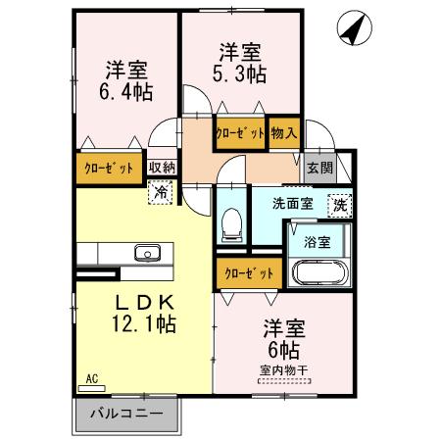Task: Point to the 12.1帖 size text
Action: (x=146, y=322)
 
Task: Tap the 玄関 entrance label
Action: (x=319, y=168)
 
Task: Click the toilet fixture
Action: (x=231, y=223)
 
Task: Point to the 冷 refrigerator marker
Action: (x=160, y=193)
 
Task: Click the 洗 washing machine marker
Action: (x=338, y=206)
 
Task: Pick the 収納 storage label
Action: (x=162, y=168)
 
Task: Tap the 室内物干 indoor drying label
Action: (x=284, y=370)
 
